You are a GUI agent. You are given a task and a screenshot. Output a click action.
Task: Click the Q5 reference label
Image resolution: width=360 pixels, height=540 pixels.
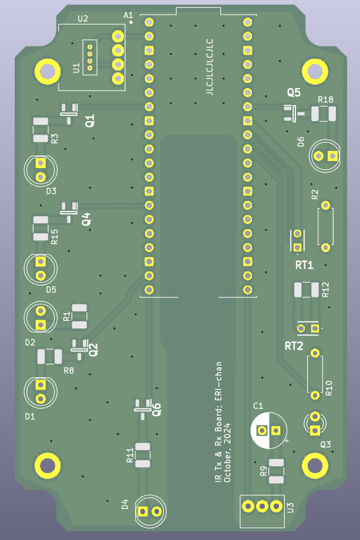tap(294, 92)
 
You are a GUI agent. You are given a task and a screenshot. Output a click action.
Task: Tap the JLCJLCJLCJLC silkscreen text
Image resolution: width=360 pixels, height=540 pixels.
tap(210, 67)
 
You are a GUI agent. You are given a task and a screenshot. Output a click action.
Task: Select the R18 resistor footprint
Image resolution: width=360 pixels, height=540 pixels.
tap(324, 113)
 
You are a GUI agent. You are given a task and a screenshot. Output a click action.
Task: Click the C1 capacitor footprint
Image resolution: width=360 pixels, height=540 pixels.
tap(269, 430)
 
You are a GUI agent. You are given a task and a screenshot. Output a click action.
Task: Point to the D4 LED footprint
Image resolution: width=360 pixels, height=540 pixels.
tap(150, 511)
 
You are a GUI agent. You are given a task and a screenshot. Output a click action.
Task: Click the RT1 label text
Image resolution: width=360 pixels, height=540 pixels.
tap(304, 265)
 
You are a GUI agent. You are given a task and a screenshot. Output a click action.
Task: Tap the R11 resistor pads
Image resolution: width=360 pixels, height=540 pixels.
tap(143, 455)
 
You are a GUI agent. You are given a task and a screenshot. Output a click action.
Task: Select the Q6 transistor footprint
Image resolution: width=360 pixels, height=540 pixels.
tap(143, 408)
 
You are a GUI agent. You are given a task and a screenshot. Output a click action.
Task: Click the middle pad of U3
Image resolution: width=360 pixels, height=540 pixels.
tap(263, 506)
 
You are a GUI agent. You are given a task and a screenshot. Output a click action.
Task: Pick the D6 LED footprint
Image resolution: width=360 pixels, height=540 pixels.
tap(325, 156)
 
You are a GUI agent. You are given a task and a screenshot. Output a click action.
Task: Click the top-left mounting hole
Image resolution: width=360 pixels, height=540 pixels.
tap(48, 72)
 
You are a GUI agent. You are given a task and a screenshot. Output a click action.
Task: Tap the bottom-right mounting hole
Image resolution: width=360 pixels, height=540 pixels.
tap(315, 465)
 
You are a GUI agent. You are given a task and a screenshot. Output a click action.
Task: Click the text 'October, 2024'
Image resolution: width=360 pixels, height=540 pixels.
tap(227, 452)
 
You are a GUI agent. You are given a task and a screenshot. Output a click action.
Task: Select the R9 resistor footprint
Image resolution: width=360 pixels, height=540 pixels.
tap(277, 471)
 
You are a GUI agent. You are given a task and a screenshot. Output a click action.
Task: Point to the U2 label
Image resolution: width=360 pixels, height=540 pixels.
tap(83, 19)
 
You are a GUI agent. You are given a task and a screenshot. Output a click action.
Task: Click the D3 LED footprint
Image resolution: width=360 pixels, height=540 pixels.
tap(41, 170)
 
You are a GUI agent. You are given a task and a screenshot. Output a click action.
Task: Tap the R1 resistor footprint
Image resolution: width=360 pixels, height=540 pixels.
tap(79, 316)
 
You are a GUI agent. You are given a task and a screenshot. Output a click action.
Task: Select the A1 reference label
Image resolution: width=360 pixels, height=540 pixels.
tap(128, 15)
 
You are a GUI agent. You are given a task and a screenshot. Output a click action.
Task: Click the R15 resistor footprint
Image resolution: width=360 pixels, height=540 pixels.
tap(41, 229)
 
